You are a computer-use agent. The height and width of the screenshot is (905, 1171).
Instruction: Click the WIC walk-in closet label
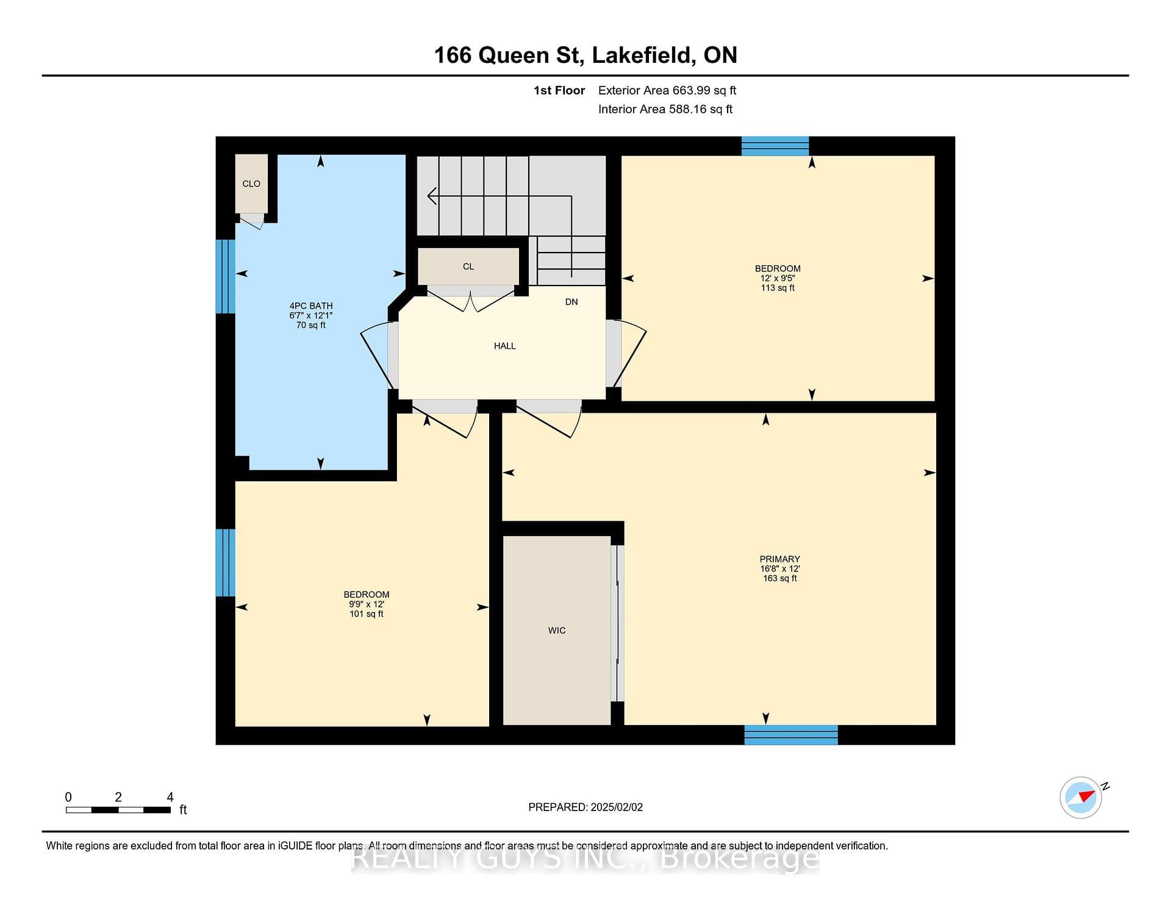coord(556,631)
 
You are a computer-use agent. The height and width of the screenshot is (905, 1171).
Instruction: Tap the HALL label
coord(504,346)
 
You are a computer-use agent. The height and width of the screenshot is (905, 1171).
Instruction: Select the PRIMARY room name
coord(779,559)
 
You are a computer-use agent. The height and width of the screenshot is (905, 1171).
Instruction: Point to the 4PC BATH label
coord(311,306)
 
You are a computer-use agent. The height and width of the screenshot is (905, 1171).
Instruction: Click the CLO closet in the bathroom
coord(251,184)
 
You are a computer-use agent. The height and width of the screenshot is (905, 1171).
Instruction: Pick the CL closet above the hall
coord(468,266)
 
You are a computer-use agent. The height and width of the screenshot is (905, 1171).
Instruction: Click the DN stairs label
coord(571,302)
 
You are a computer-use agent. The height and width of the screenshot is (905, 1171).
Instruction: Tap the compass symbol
coord(1081,797)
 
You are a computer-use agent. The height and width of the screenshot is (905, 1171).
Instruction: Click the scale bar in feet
coord(118,810)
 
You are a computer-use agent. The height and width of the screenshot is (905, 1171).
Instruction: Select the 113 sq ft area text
coord(778,288)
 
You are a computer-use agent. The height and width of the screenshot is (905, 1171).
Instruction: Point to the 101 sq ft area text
coord(366,614)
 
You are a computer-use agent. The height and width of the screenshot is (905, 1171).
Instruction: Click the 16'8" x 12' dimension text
coord(779,569)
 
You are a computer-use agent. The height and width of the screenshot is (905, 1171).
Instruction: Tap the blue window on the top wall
coord(775,146)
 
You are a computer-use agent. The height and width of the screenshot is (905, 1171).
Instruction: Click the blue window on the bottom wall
coord(791,735)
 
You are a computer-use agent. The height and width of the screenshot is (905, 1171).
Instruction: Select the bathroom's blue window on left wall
coord(226,276)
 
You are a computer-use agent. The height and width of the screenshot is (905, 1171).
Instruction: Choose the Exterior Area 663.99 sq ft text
coord(667,90)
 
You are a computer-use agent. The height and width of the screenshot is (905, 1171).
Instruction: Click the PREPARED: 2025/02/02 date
coord(585,807)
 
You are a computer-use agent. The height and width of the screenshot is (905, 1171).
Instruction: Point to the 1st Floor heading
coord(559,90)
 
